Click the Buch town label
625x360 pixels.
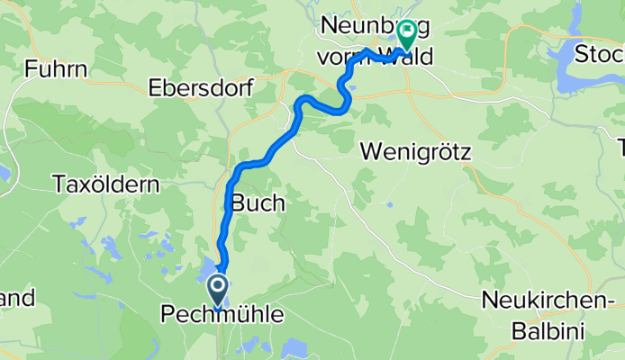click(x=258, y=203)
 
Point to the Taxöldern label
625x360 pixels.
click(x=106, y=185)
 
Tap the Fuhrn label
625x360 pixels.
click(x=57, y=68)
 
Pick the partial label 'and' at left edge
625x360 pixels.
click(x=16, y=298)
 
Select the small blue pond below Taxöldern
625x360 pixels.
click(x=110, y=245)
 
